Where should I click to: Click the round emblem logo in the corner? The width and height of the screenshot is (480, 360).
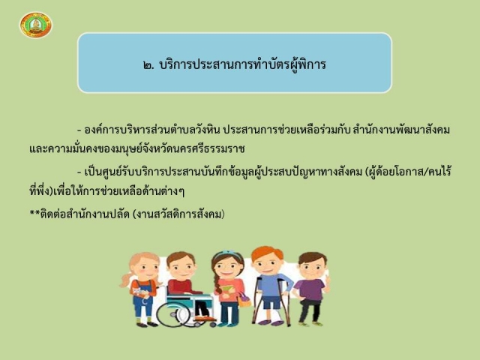pyautogui.click(x=36, y=25)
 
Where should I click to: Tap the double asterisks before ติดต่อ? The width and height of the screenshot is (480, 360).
pyautogui.click(x=34, y=211)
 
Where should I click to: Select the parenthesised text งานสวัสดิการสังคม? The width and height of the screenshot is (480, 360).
pyautogui.click(x=178, y=214)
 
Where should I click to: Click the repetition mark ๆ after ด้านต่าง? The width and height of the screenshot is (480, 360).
pyautogui.click(x=181, y=192)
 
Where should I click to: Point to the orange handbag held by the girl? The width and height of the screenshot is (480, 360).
pyautogui.click(x=244, y=299)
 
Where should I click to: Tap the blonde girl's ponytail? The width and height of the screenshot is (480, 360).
pyautogui.click(x=126, y=280)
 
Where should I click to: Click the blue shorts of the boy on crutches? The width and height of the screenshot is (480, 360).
pyautogui.click(x=271, y=302)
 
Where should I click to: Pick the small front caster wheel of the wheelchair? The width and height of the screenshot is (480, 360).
pyautogui.click(x=212, y=324)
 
